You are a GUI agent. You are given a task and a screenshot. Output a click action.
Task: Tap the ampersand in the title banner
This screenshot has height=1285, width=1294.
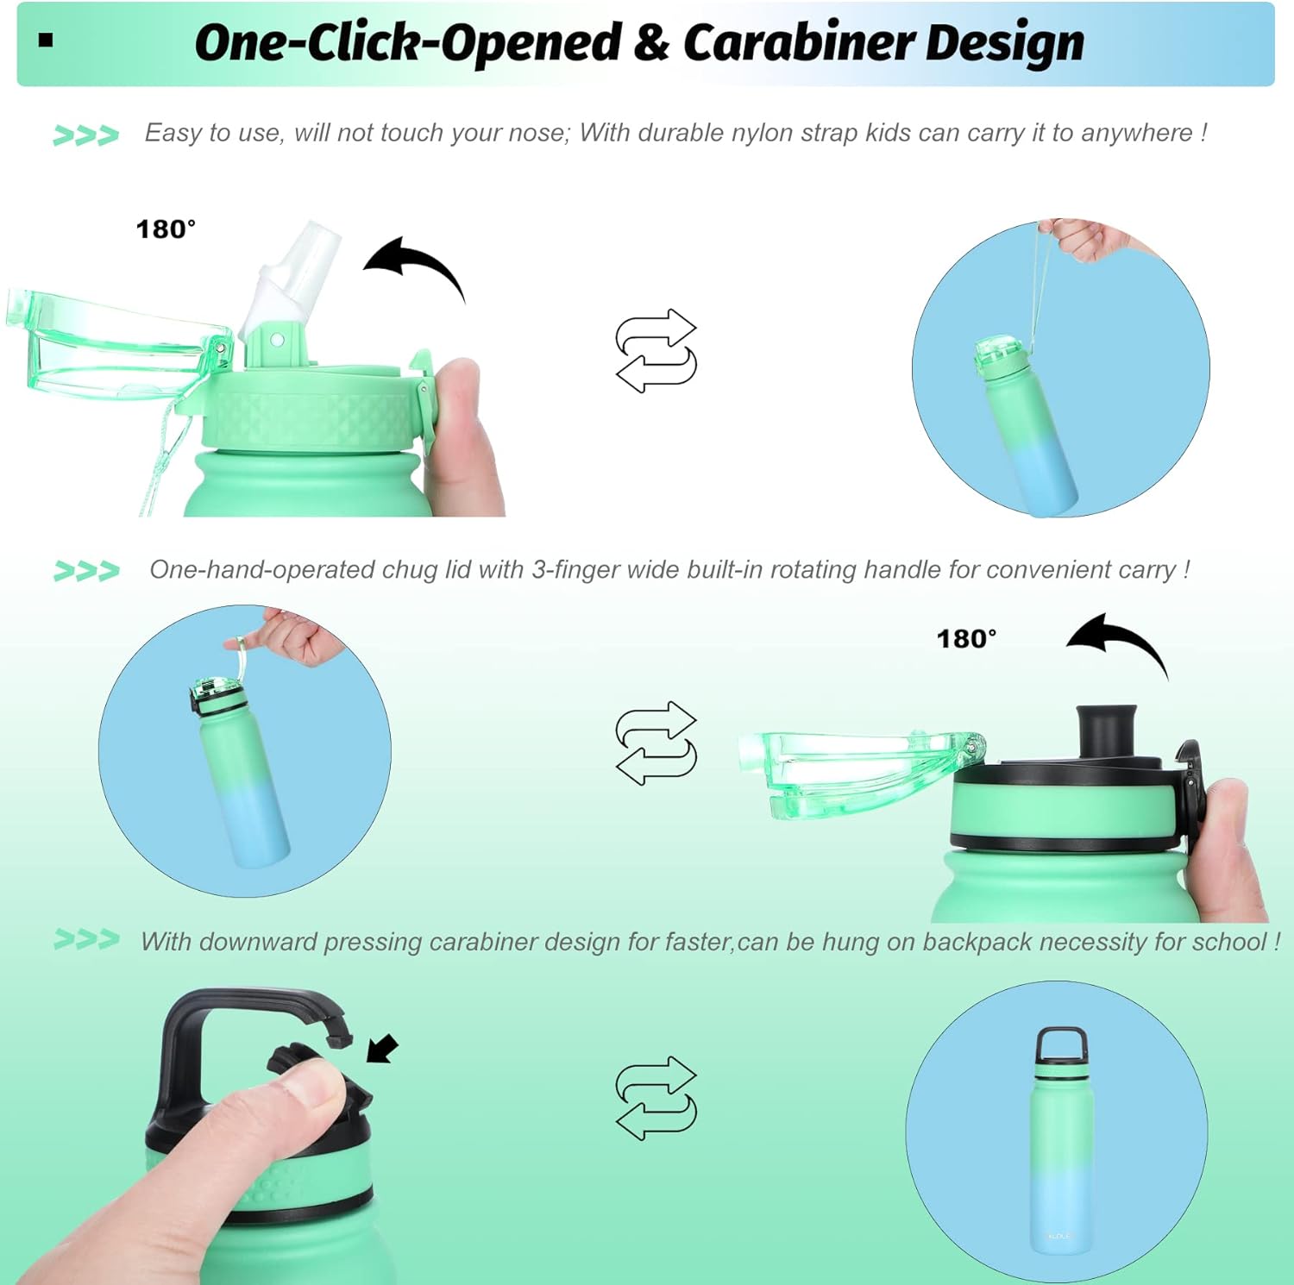pyautogui.click(x=651, y=43)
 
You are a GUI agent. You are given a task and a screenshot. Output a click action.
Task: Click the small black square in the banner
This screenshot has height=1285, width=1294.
pyautogui.click(x=47, y=40)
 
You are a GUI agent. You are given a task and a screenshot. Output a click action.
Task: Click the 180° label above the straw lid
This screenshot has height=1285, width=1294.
pyautogui.click(x=166, y=229)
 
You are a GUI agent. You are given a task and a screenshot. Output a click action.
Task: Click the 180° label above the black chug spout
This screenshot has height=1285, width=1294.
pyautogui.click(x=966, y=639)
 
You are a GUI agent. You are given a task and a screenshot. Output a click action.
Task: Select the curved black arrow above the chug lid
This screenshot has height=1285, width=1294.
pyautogui.click(x=1117, y=642)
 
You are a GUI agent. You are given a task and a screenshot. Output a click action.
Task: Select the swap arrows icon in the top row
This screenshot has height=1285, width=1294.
pyautogui.click(x=656, y=350)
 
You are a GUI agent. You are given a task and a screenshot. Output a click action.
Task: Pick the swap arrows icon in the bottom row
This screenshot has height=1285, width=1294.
pyautogui.click(x=656, y=1098)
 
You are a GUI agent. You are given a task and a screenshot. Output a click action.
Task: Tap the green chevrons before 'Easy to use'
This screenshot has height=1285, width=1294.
pyautogui.click(x=85, y=135)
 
